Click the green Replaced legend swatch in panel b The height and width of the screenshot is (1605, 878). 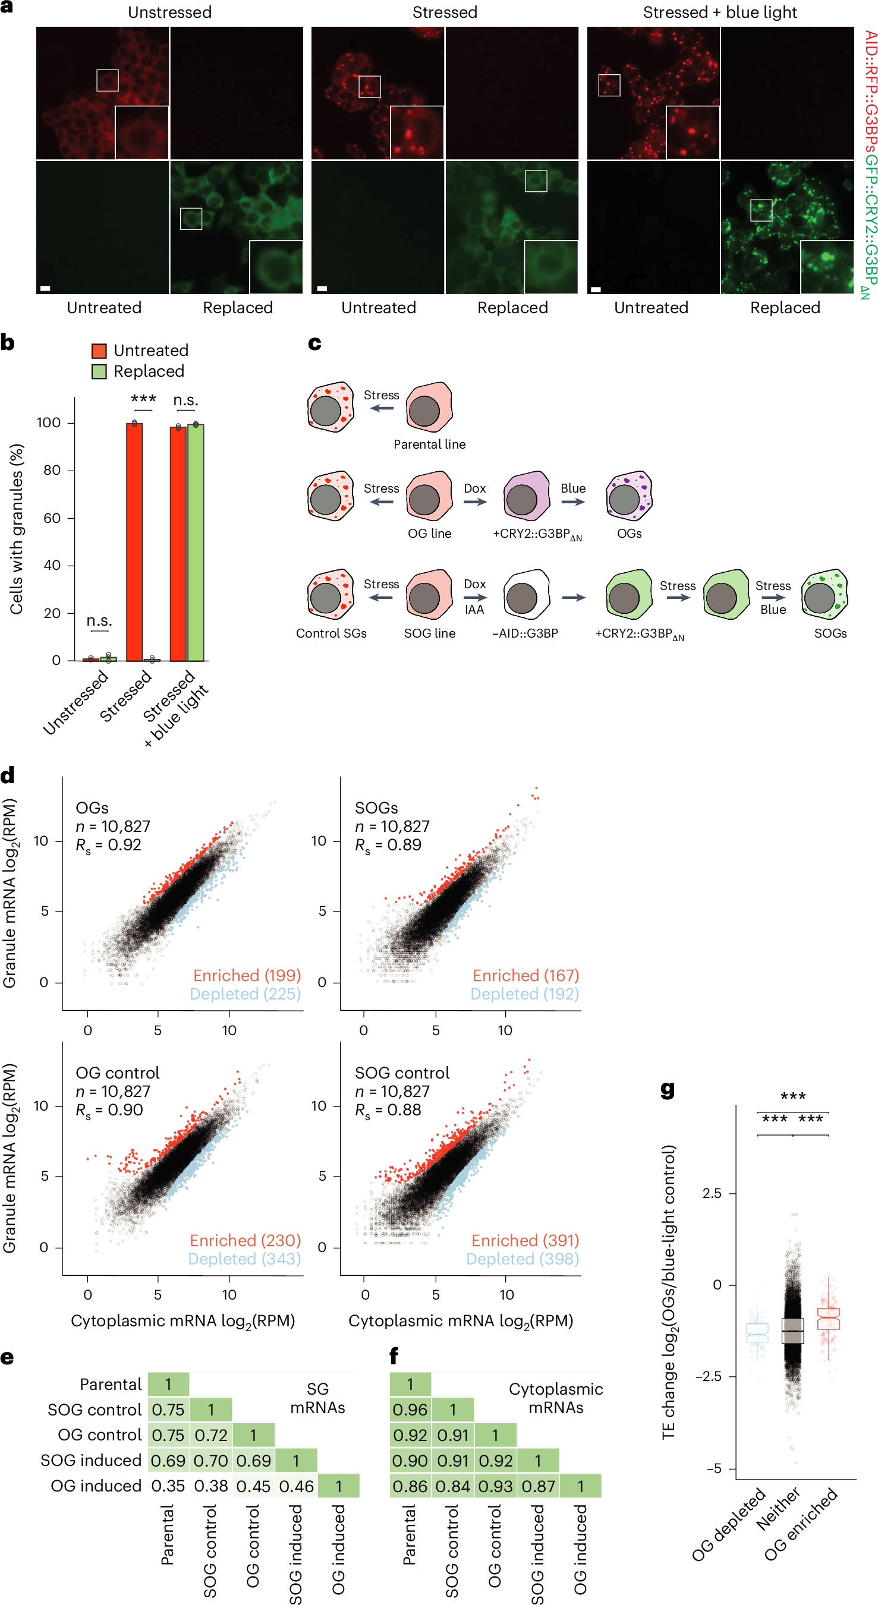click(99, 371)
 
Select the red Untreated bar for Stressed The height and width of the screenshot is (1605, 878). click(134, 541)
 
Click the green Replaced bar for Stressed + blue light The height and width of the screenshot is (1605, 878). click(196, 541)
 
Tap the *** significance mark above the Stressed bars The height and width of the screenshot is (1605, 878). click(143, 399)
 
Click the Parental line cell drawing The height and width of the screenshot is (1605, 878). click(429, 408)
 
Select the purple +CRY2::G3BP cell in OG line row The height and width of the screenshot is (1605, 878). click(527, 497)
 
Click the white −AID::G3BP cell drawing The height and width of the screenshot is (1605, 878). click(527, 594)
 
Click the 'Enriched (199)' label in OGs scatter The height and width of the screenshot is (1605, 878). click(247, 975)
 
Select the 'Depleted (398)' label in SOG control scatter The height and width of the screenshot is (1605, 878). click(522, 1259)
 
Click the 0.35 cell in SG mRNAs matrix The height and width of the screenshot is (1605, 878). click(168, 1486)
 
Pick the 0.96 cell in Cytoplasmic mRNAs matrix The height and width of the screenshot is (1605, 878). click(410, 1410)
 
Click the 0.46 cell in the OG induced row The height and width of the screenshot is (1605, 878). click(296, 1486)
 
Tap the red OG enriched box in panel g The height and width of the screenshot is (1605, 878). click(828, 1319)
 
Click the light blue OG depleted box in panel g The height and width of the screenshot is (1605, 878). click(757, 1333)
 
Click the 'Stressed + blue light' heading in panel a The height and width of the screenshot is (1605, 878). click(720, 12)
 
